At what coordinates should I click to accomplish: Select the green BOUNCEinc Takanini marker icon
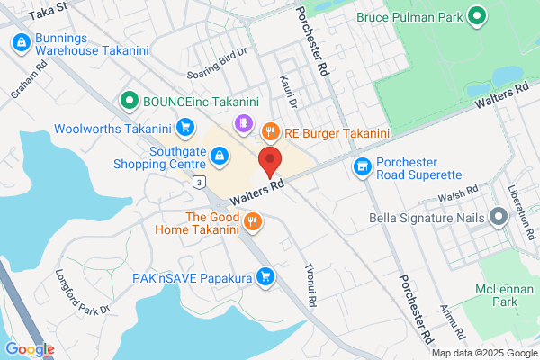pos(130,101)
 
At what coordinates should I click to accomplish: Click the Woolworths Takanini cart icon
pos(184,127)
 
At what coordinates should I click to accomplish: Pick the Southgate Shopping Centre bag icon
pos(218,157)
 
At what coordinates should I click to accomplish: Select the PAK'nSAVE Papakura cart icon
pos(265,278)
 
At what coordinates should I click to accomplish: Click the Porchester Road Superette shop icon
pos(362,166)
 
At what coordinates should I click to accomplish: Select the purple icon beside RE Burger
pos(242,122)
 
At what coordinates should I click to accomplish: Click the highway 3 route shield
pos(198,183)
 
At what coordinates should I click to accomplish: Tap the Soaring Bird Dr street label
pos(216,73)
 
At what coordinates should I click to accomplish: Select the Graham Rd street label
pos(22,85)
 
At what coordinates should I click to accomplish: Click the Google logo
pos(29,349)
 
